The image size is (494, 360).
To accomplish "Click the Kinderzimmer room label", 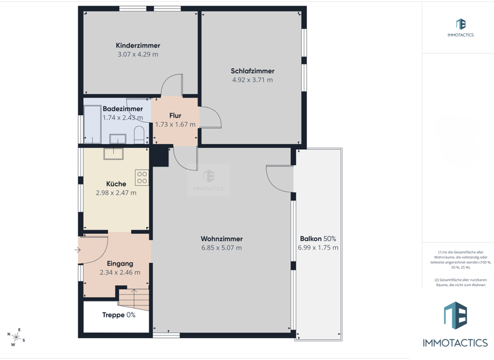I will pyautogui.click(x=138, y=46).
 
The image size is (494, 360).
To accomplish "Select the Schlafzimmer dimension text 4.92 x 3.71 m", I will pyautogui.click(x=252, y=80).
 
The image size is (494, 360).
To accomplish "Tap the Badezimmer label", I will pyautogui.click(x=123, y=109).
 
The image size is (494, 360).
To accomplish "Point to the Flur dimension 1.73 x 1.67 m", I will pyautogui.click(x=175, y=125).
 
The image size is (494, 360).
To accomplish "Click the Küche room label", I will pyautogui.click(x=116, y=184).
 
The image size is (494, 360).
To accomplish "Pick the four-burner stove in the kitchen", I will pyautogui.click(x=142, y=178).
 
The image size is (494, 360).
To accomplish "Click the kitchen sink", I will pyautogui.click(x=114, y=152).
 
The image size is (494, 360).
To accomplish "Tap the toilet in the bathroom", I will pyautogui.click(x=139, y=134).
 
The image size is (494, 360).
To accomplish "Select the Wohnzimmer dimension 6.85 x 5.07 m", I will pyautogui.click(x=221, y=248).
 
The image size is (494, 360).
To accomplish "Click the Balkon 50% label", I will pyautogui.click(x=318, y=239).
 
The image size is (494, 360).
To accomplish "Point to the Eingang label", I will pyautogui.click(x=120, y=264).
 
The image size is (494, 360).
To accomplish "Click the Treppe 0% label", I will pyautogui.click(x=118, y=315).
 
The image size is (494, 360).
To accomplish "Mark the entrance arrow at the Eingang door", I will pyautogui.click(x=78, y=250).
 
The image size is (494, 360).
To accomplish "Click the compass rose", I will pyautogui.click(x=16, y=336).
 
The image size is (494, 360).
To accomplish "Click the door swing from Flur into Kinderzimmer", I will pyautogui.click(x=172, y=85).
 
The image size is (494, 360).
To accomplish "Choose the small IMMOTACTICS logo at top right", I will pyautogui.click(x=461, y=28).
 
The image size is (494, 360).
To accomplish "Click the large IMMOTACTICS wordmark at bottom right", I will pyautogui.click(x=455, y=343).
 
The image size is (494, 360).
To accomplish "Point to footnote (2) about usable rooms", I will pyautogui.click(x=460, y=282).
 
